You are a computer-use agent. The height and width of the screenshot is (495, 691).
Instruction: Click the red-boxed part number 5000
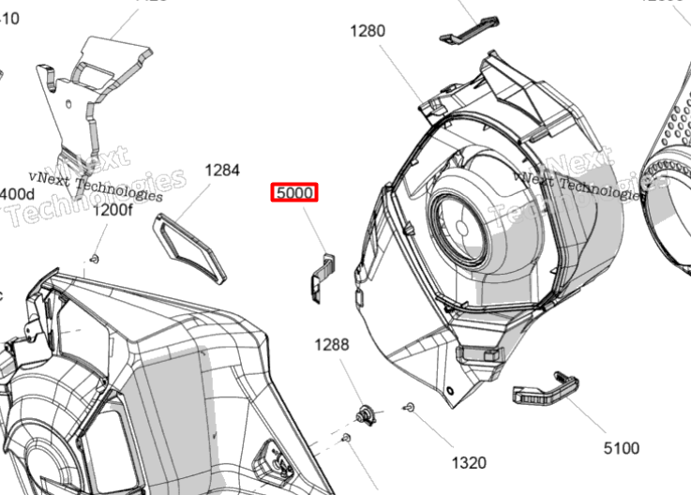point(294,193)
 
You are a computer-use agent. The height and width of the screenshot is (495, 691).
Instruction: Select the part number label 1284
point(222,171)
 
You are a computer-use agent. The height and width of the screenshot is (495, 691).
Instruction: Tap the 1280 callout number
point(368,31)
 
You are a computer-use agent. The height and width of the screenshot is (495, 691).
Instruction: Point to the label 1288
point(331,345)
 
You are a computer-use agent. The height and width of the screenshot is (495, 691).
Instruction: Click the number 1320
point(469,462)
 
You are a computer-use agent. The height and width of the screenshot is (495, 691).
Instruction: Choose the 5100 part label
point(621,447)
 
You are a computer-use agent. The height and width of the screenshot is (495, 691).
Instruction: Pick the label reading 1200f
point(113,211)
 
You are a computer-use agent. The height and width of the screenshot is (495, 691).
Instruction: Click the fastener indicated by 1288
point(367,412)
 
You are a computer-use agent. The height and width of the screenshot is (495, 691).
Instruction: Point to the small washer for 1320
point(411,407)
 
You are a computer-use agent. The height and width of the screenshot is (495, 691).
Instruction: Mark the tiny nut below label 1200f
point(95,257)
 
